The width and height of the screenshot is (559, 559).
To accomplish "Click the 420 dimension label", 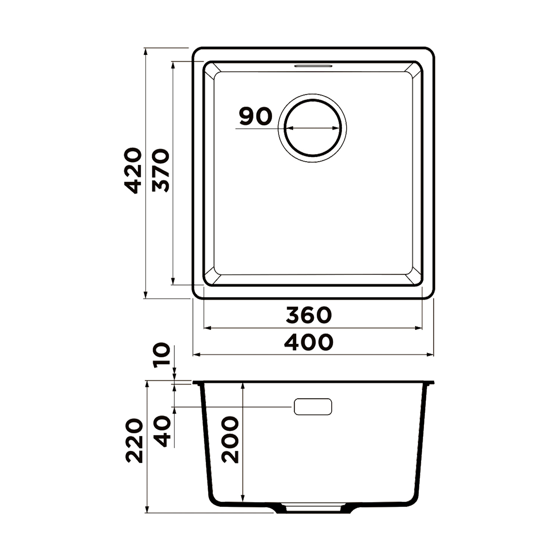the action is [133, 171].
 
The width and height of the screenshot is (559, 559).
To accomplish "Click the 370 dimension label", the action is [161, 171].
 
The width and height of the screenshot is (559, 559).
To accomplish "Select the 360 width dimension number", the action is [309, 315].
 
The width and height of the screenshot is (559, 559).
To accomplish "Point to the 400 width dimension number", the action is [309, 342].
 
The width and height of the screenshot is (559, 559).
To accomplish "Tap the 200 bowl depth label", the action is [230, 440].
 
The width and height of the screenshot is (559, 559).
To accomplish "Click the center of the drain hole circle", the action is [313, 128].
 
